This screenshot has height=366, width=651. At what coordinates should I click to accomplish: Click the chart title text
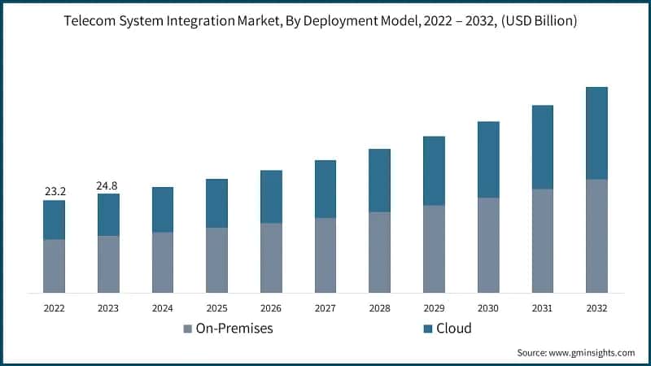click(x=325, y=22)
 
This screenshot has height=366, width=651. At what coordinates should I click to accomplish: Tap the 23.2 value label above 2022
click(x=55, y=191)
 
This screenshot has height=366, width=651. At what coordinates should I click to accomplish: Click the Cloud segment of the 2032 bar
click(x=596, y=133)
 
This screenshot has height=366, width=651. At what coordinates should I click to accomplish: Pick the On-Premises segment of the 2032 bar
click(x=596, y=236)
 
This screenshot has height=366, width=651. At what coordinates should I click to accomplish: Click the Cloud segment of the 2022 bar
click(x=55, y=220)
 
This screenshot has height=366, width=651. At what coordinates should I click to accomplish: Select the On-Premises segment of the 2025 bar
click(x=216, y=260)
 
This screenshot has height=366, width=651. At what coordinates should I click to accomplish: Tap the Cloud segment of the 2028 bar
click(x=379, y=181)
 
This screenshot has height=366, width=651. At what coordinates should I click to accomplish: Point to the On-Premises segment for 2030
click(x=488, y=245)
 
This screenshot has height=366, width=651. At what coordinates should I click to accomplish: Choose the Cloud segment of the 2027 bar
click(x=325, y=189)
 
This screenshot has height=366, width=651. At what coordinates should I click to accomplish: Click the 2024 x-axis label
click(x=163, y=309)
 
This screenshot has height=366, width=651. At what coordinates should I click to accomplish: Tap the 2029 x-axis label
click(x=434, y=309)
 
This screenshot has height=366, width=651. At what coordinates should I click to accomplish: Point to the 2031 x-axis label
click(x=542, y=309)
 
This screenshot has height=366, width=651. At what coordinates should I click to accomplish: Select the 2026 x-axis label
click(x=271, y=309)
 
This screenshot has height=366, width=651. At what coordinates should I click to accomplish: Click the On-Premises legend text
click(x=234, y=329)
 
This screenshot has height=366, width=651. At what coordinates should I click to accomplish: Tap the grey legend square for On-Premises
click(x=188, y=329)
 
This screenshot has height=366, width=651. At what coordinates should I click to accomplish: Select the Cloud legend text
click(x=454, y=329)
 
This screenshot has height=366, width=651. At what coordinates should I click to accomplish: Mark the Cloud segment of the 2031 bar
click(x=542, y=147)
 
